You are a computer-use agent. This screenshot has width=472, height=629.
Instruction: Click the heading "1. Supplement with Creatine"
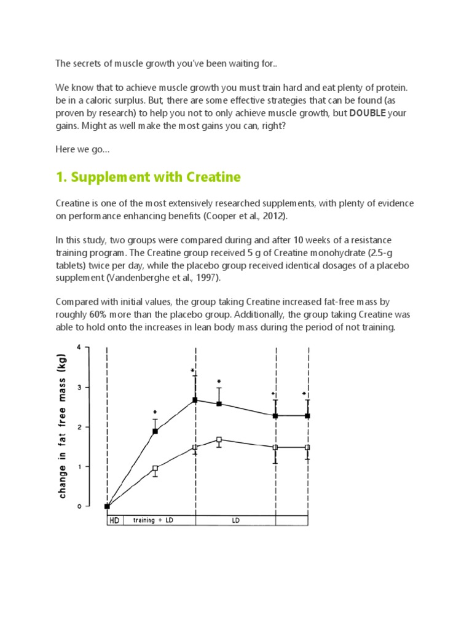click(148, 178)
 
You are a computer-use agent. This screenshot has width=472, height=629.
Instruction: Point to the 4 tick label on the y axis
click(79, 347)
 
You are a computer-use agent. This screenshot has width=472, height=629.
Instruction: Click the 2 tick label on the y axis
click(79, 427)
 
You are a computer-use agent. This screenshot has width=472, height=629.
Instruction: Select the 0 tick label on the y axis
click(79, 507)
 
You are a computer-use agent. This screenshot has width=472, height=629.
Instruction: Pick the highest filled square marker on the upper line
click(195, 400)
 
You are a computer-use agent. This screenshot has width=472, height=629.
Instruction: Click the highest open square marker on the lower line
click(219, 440)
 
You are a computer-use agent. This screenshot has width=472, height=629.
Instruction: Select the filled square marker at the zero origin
click(107, 507)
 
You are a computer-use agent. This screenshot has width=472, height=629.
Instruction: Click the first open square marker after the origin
click(155, 469)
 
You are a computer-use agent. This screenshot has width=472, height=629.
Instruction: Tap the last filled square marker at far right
click(307, 416)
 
